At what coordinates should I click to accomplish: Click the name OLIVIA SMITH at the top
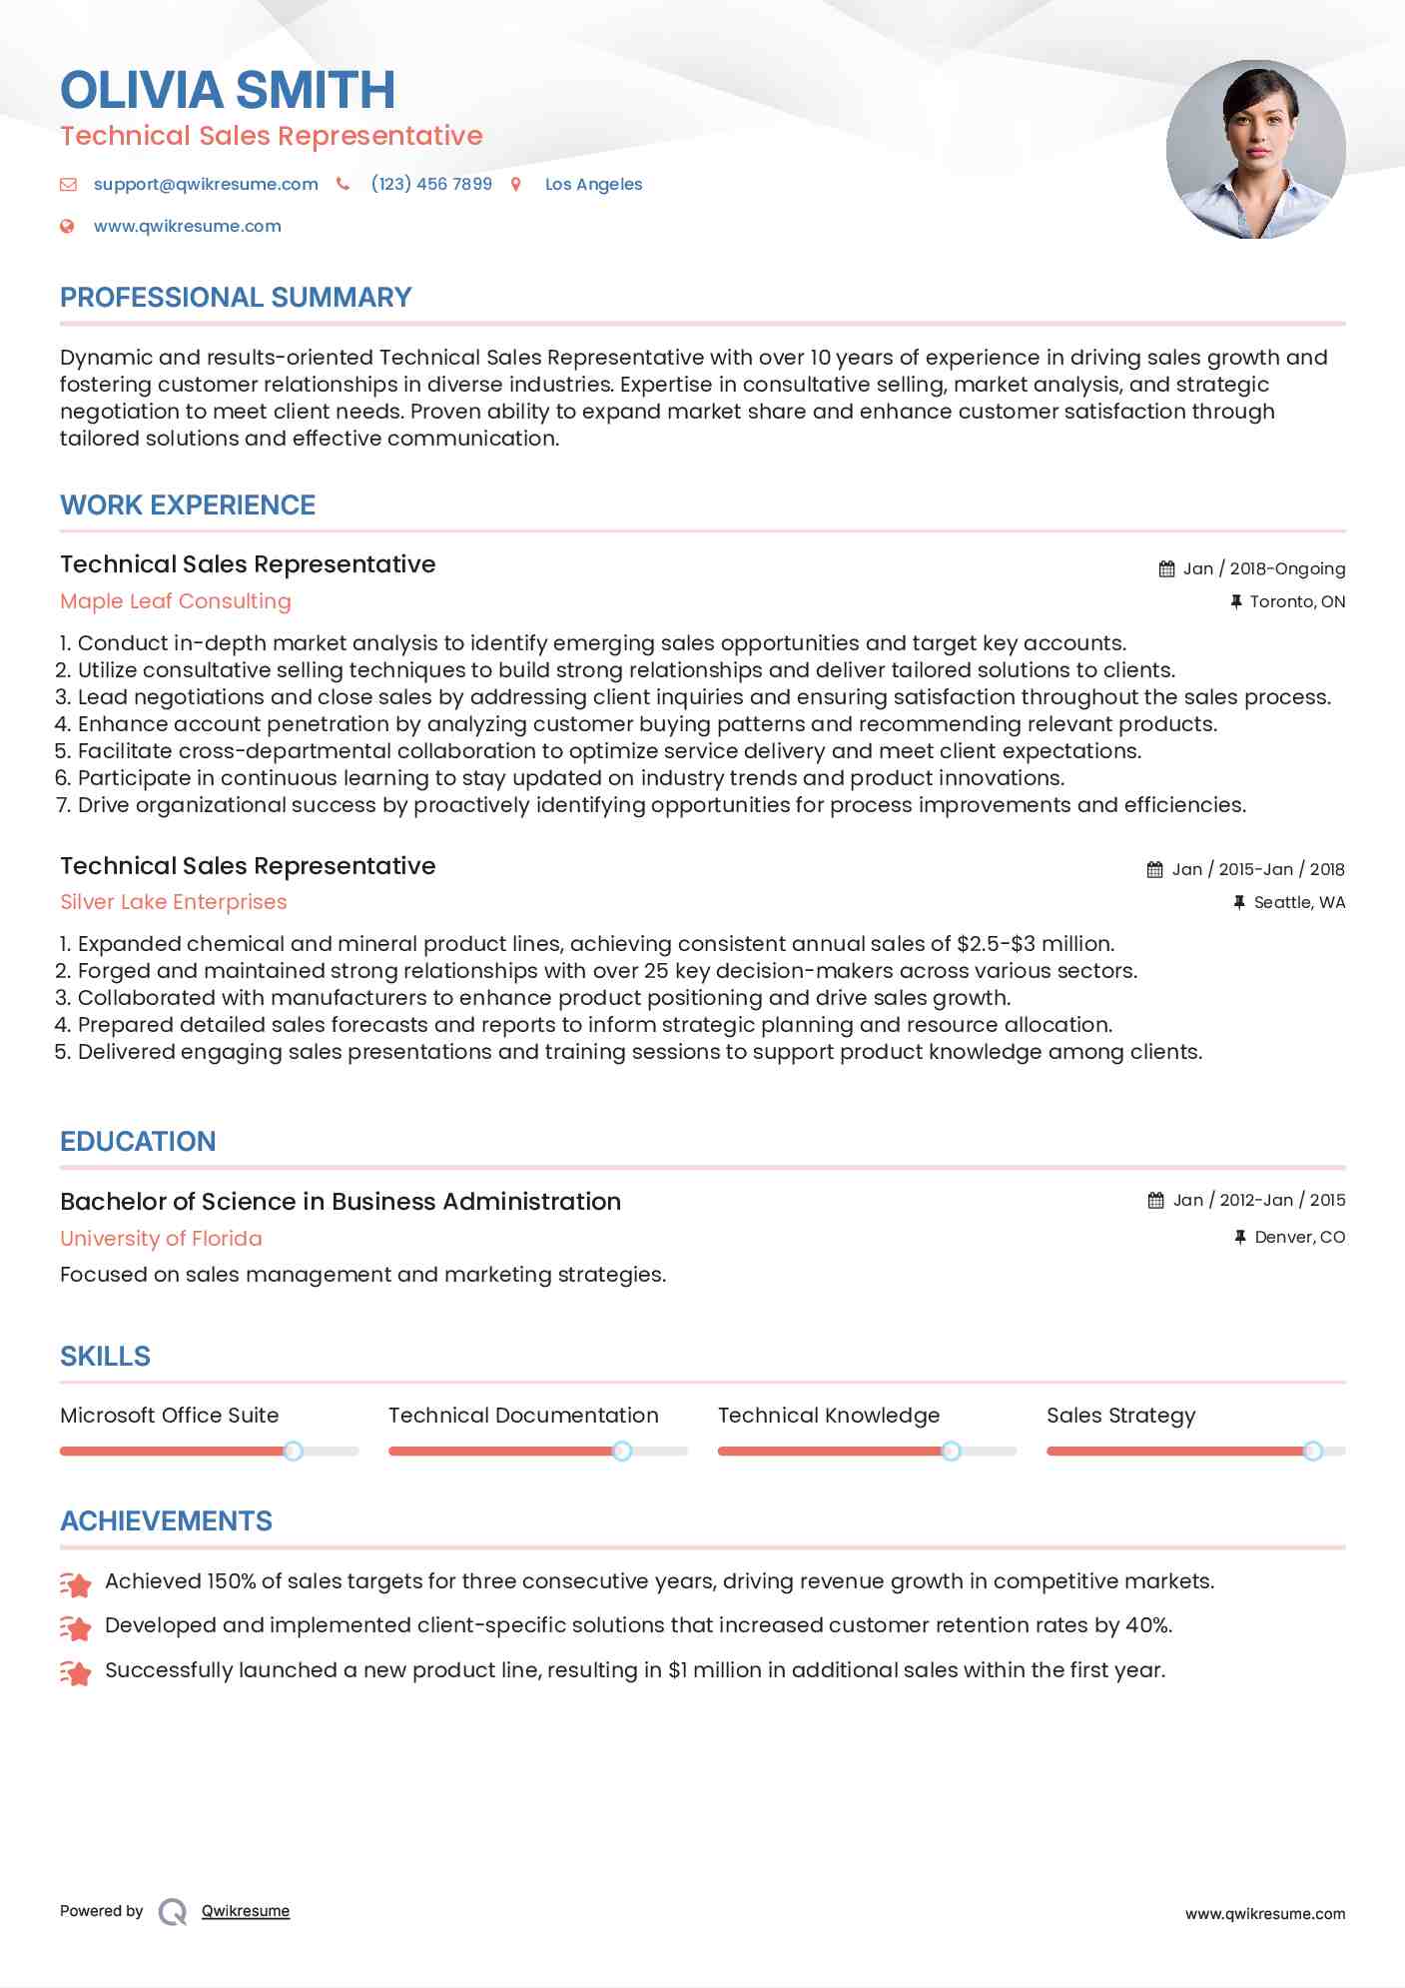click(228, 90)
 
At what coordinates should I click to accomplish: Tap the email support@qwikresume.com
click(206, 184)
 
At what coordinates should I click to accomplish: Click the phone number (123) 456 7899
click(431, 184)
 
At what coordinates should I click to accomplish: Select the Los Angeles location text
click(593, 184)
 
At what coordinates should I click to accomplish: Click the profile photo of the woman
click(1255, 150)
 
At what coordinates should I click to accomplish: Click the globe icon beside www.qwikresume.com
click(67, 226)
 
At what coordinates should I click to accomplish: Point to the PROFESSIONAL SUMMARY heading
click(236, 298)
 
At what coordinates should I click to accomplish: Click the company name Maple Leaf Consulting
click(176, 601)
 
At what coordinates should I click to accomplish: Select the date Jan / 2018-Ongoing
click(1263, 568)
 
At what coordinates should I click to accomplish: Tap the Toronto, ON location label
click(1296, 601)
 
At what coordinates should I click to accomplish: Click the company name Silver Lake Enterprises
click(174, 902)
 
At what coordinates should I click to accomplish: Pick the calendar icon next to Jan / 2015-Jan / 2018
click(1154, 870)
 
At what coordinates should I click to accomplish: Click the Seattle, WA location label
click(1298, 902)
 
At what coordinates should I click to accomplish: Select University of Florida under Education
click(161, 1239)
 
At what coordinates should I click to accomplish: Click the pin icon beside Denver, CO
click(1239, 1237)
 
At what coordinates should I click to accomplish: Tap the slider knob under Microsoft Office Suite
click(293, 1451)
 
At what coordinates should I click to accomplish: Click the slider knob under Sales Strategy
click(1313, 1451)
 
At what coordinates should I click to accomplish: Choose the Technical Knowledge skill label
click(828, 1416)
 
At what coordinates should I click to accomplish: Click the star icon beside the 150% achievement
click(76, 1583)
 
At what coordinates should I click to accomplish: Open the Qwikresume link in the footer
click(246, 1911)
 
